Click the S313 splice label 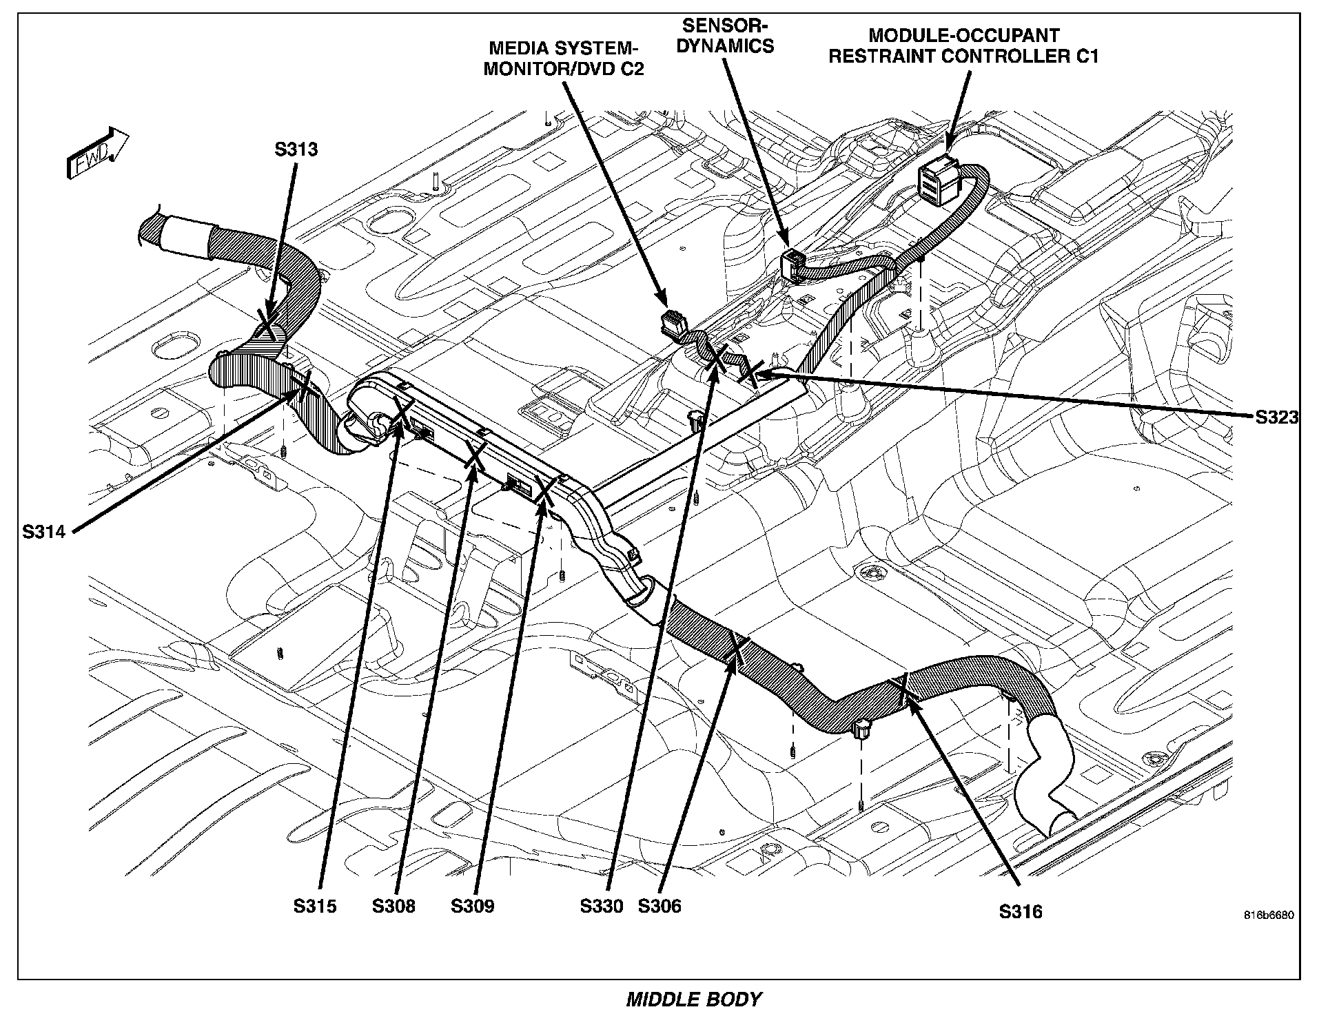tap(296, 149)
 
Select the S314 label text tap(43, 531)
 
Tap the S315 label tap(315, 906)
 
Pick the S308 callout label tap(393, 906)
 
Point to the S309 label tap(473, 906)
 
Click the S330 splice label tap(602, 906)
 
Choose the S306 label tap(659, 906)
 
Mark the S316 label tap(1021, 912)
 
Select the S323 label tap(1276, 417)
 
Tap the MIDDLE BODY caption tap(693, 999)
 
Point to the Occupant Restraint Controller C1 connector tap(937, 180)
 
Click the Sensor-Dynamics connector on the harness tap(794, 262)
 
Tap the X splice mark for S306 tap(735, 648)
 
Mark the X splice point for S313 tap(269, 322)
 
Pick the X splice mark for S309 tap(545, 490)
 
